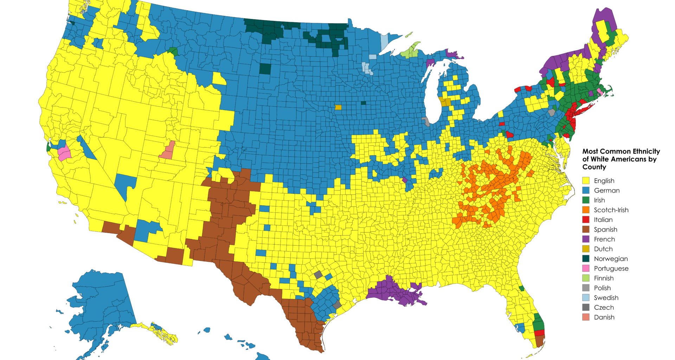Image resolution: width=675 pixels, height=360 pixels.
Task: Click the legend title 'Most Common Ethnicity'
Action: pos(621,152)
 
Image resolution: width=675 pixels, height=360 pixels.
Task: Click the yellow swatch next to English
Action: pos(586,181)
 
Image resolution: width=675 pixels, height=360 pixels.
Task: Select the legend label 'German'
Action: pos(606,191)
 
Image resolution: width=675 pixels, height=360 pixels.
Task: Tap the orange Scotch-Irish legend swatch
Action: pos(586,210)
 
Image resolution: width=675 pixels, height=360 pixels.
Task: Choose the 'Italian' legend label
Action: pos(603,220)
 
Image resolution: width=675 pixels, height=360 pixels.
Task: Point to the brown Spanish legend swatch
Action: pos(586,230)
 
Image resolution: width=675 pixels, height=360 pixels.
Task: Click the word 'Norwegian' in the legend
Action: pos(611,259)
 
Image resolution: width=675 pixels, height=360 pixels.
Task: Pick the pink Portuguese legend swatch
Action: pos(586,268)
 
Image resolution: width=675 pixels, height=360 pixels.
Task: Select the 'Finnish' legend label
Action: pos(604,278)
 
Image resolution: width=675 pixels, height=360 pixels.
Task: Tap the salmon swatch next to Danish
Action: pos(586,317)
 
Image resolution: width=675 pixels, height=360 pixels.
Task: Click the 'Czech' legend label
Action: pos(604,307)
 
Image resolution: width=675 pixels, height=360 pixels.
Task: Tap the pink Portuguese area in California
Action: pos(64,154)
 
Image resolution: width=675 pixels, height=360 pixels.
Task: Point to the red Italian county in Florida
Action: pos(539,333)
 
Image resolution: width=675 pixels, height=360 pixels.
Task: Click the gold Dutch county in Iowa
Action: pos(338,107)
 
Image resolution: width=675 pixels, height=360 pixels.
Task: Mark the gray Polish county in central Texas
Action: pos(318,275)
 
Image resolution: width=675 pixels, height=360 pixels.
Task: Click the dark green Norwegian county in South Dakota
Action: pos(265,69)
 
